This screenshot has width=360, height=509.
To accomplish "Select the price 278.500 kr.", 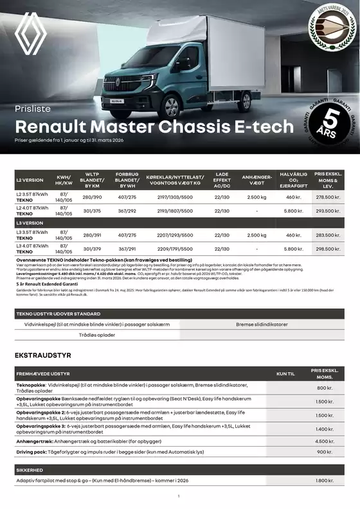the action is (x=328, y=197).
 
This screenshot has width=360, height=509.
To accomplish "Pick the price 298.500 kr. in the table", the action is (x=328, y=248).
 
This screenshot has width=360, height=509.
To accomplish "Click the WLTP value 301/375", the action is (x=92, y=210).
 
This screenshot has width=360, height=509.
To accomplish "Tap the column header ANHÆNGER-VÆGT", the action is (x=256, y=179).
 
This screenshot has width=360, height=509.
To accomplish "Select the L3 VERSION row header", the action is (x=30, y=222).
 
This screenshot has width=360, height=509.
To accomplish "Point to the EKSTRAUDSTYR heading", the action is (x=42, y=355).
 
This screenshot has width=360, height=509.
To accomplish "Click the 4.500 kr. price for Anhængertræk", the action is (x=325, y=442).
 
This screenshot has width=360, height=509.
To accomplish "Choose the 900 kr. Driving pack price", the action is (x=325, y=452).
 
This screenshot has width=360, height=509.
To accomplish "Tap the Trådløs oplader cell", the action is (x=96, y=335).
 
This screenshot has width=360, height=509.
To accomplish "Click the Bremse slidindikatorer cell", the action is (x=262, y=325).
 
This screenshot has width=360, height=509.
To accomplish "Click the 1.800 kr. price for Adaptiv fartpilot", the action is (x=325, y=480).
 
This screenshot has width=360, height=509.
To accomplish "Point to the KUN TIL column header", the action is (x=285, y=373).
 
